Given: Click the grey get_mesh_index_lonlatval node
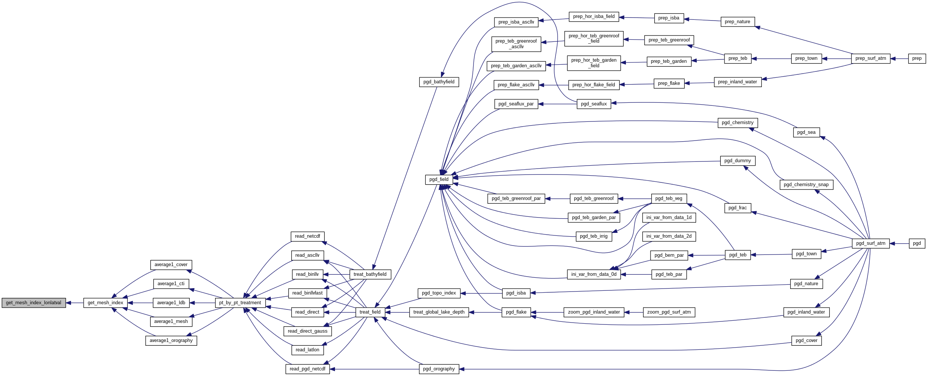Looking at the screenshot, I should [34, 303].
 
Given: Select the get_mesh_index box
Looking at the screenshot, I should [105, 303].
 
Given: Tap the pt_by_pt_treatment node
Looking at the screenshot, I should [240, 303].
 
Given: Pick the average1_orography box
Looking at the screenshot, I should [171, 340].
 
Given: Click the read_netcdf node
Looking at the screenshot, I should [307, 236].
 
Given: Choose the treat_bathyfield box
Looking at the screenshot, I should [370, 274].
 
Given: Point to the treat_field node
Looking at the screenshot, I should [370, 312].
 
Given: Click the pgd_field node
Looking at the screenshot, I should [439, 179].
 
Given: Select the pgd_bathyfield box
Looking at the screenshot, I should [439, 82].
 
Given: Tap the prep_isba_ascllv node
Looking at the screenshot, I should [516, 22].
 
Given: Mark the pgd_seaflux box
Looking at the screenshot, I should [594, 104].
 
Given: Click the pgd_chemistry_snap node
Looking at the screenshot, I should [806, 185].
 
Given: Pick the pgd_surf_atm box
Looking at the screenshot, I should [870, 243].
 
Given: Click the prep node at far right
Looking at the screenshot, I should [917, 58].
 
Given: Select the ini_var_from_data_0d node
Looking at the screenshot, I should [594, 274].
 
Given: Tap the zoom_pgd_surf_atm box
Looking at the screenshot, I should [669, 312].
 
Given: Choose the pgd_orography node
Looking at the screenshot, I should [439, 369].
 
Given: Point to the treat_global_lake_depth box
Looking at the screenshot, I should [439, 312].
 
